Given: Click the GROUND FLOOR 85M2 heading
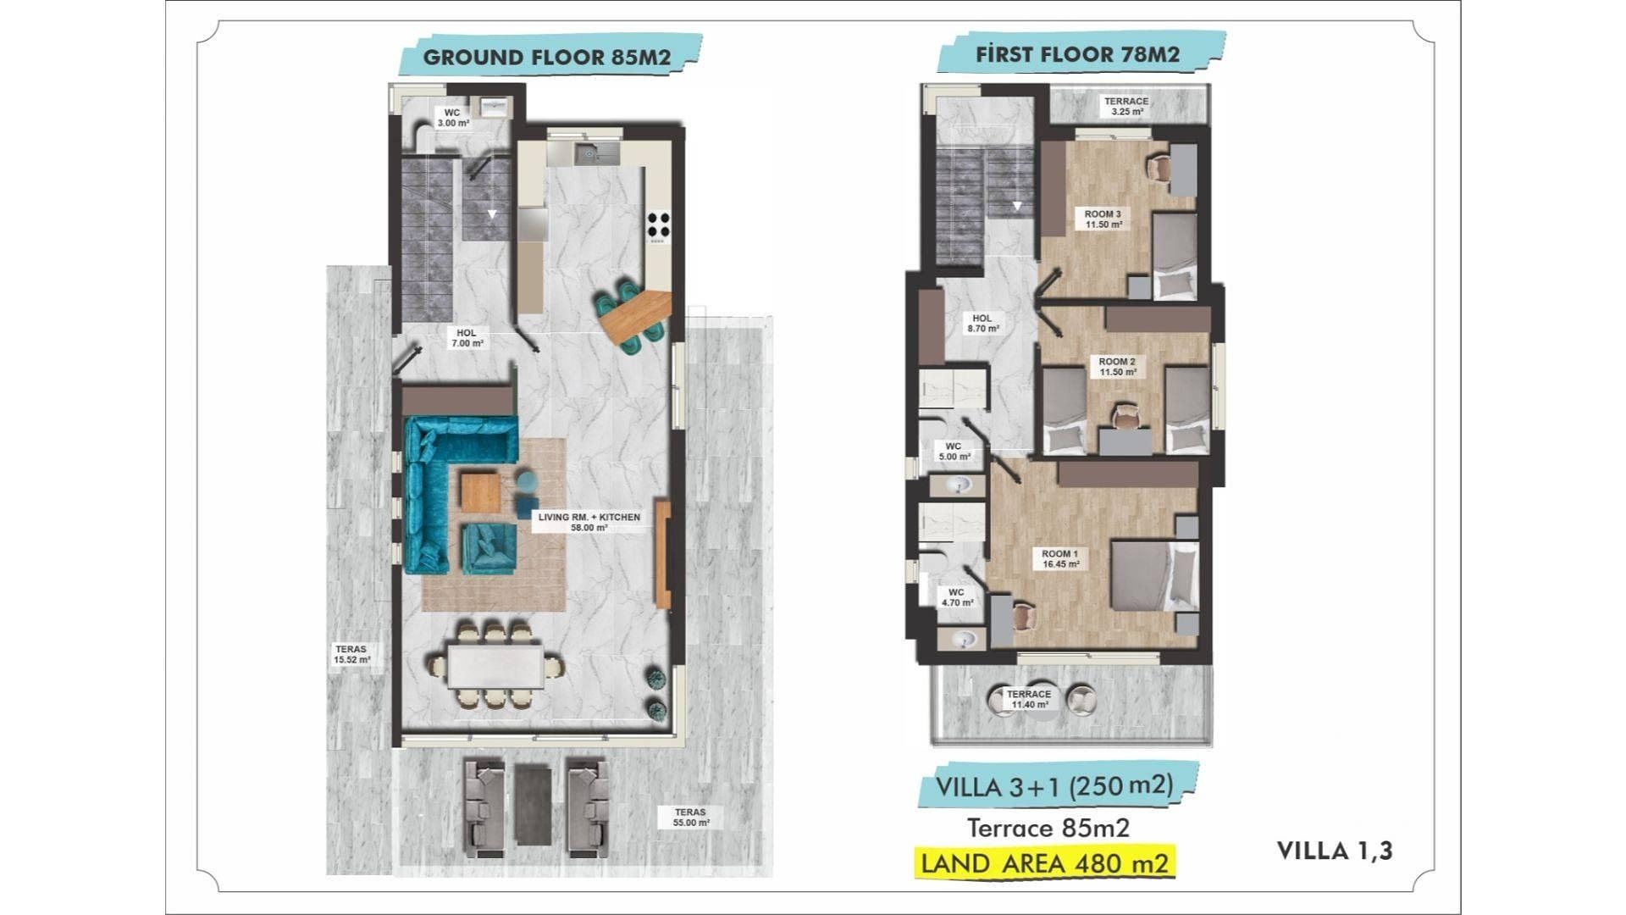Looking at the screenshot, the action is pos(547,58).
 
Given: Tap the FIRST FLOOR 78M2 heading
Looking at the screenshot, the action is pos(1077,54).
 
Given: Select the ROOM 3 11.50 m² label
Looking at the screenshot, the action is pos(1103,219).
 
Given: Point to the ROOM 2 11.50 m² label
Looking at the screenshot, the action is pos(1117,367).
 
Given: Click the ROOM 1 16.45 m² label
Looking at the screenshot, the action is pos(1060,559).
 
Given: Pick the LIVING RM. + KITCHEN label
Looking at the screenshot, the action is pos(589,522).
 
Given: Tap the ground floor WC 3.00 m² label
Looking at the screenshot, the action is pos(453,118).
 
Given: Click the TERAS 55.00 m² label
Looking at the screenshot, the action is pos(691,818).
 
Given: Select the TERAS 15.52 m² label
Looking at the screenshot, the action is pos(351,654).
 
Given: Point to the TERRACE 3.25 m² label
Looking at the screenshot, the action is pos(1126,106).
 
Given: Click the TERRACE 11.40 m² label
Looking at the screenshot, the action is pos(1030,699).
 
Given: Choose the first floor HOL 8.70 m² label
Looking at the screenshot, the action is pos(982,324).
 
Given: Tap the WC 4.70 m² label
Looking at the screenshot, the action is pos(957,598).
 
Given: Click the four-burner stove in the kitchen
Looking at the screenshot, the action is pos(658,225).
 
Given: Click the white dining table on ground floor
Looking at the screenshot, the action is pos(495,667).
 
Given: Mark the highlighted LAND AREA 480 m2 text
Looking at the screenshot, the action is pos(1045,863).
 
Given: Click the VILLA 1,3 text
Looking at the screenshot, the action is pos(1335,851).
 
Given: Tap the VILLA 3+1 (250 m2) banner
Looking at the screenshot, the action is pos(1055,786).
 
